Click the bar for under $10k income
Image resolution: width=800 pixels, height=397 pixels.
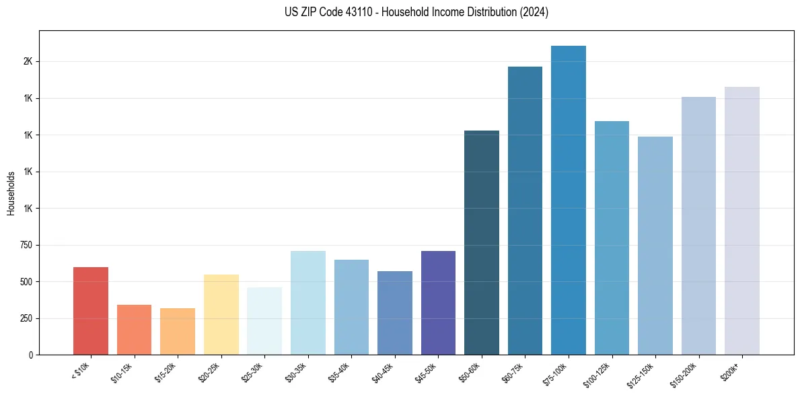91,311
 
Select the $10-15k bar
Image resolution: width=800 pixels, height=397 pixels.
134,330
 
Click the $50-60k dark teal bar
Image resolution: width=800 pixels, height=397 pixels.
482,242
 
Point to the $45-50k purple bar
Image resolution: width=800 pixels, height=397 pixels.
438,303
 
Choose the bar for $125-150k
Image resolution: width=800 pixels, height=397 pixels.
655,246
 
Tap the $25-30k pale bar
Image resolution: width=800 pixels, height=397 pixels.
264,321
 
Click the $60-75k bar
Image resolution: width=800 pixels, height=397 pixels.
525,211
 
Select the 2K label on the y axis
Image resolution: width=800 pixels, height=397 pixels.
28,62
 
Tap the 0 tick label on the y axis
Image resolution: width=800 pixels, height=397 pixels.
30,355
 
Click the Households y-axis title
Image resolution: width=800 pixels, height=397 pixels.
11,193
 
